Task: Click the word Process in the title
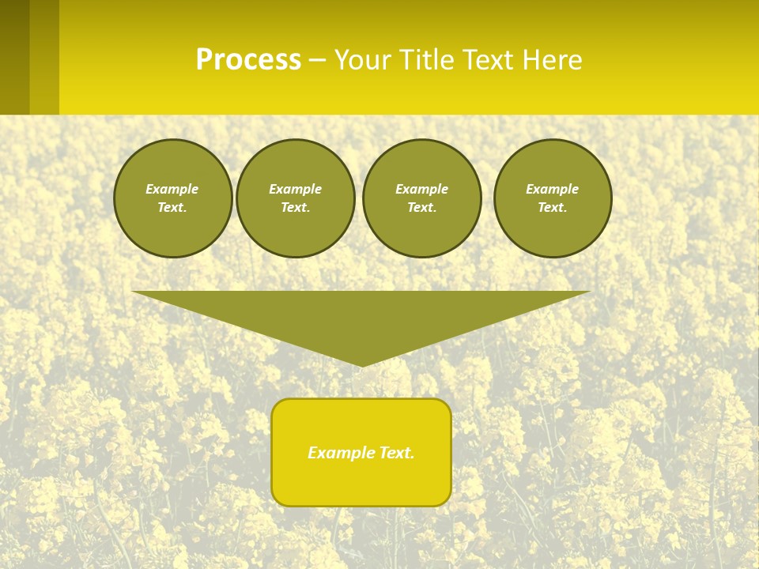click(x=248, y=60)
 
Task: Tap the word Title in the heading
click(x=428, y=60)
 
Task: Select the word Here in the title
click(x=551, y=60)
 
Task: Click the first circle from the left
click(x=172, y=198)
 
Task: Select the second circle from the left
click(x=295, y=198)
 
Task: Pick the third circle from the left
click(x=421, y=198)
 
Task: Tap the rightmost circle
click(x=553, y=198)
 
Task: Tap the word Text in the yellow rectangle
click(x=397, y=453)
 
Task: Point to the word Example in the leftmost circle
click(x=172, y=189)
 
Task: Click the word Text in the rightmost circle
click(x=552, y=208)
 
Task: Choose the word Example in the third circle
click(x=421, y=189)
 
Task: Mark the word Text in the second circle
click(x=295, y=208)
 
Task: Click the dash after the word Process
click(x=318, y=61)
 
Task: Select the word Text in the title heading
click(x=488, y=60)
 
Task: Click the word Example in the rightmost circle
click(x=552, y=189)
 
